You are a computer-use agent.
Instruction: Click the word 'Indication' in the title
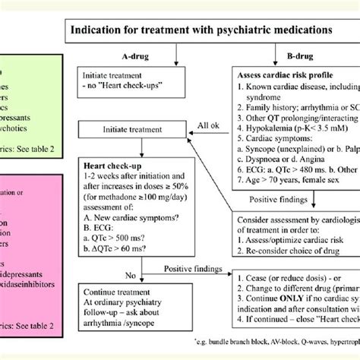coord(96,30)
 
